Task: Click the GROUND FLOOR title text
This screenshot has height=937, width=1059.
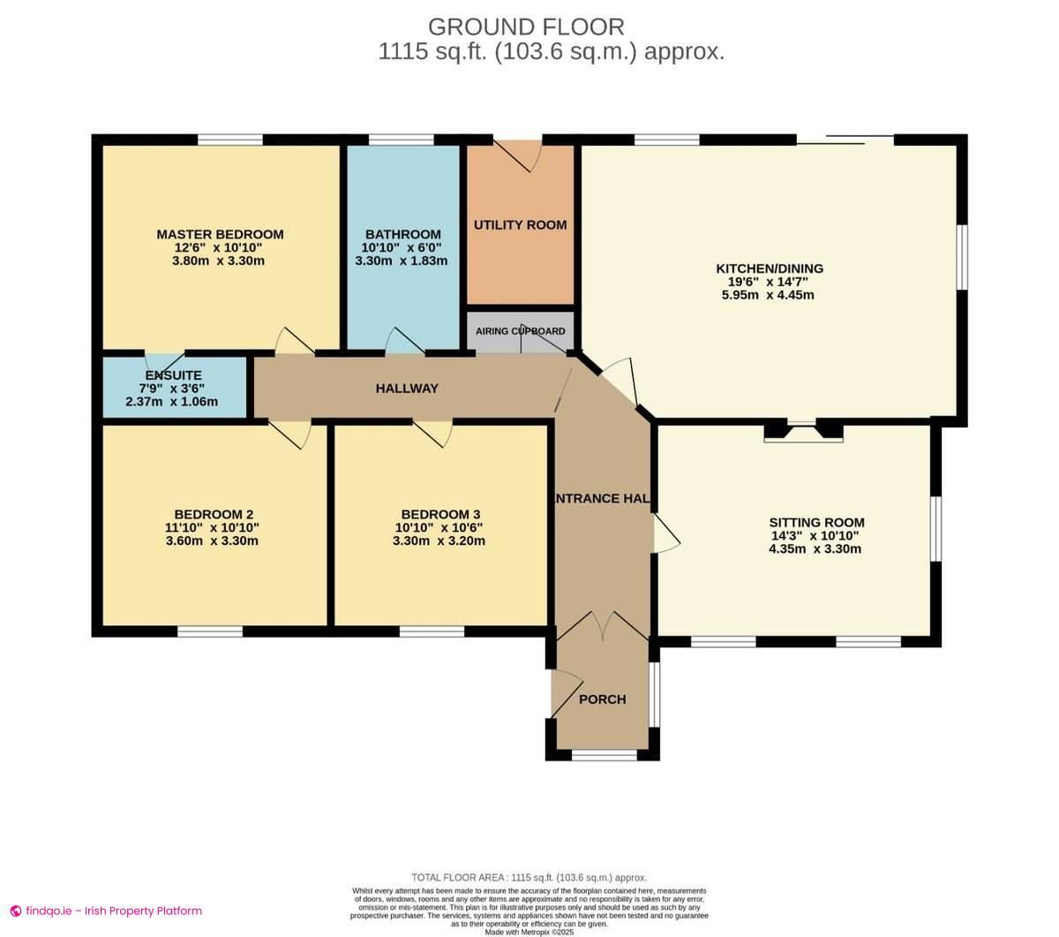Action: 526,26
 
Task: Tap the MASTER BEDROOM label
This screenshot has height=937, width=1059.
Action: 220,234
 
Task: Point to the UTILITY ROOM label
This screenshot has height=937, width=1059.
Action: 520,224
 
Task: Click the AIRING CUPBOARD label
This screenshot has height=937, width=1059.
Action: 520,331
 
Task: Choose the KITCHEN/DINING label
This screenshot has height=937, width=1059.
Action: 769,268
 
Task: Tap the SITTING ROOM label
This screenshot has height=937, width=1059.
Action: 815,522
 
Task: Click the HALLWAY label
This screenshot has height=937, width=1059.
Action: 406,389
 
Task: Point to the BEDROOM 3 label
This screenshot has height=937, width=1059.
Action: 439,514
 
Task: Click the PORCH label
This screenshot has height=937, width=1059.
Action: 602,699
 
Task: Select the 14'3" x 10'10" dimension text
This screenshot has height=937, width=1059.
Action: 815,535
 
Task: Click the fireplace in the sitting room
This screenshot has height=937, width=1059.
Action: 803,432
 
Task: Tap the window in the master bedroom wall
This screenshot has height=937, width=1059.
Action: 229,140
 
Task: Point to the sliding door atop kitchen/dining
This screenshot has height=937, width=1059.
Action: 845,139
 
